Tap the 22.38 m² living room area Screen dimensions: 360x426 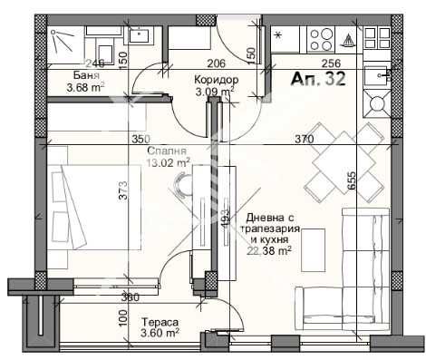coord(272,253)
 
